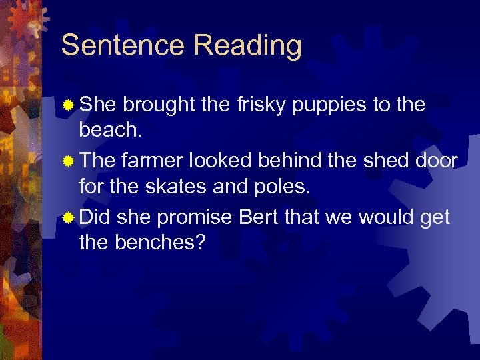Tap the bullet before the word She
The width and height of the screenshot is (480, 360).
tap(69, 105)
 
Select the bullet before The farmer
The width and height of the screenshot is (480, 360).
tap(69, 161)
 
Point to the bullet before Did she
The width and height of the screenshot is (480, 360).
tap(69, 218)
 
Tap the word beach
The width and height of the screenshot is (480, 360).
tap(110, 130)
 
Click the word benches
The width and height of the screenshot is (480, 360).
tap(158, 243)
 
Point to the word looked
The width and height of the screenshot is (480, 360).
tap(226, 161)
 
